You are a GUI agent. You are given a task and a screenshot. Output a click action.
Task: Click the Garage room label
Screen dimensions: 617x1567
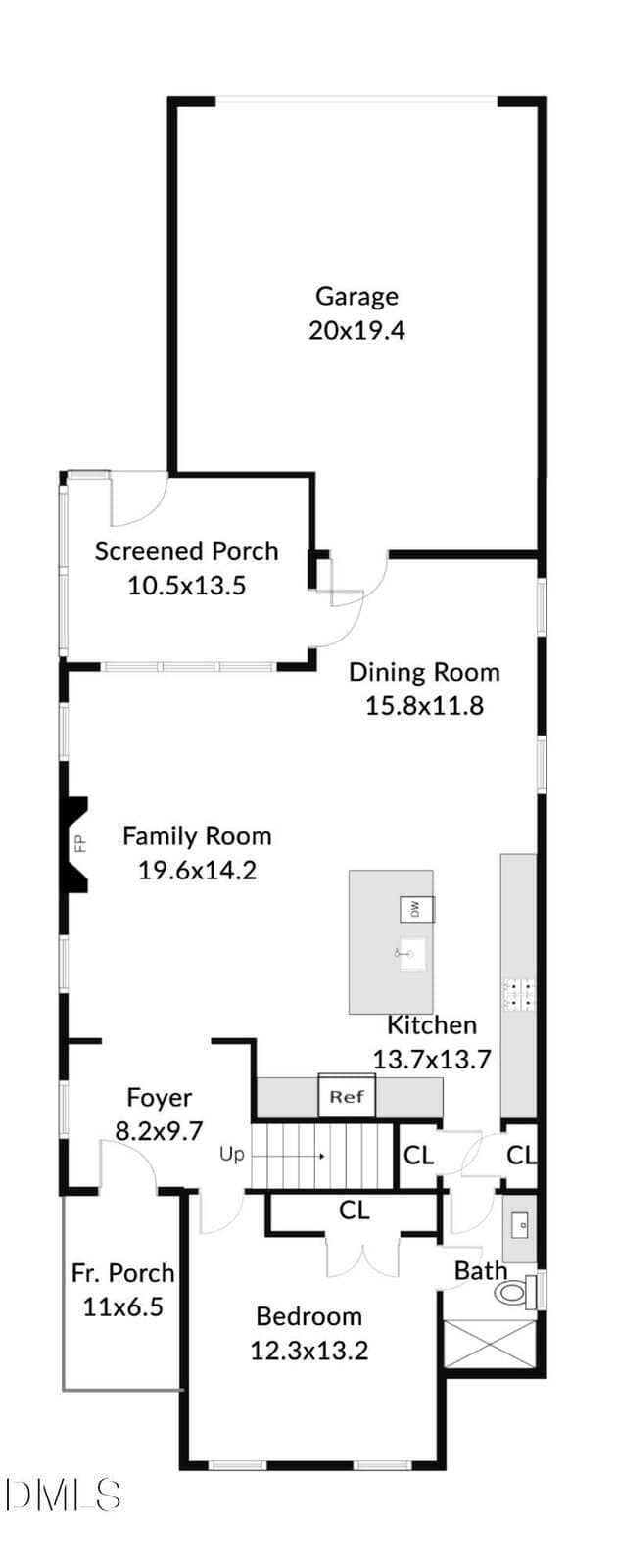(356, 297)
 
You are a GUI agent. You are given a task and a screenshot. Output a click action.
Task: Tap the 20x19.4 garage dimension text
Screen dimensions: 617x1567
(356, 330)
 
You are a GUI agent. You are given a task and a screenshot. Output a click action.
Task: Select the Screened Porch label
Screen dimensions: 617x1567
(187, 551)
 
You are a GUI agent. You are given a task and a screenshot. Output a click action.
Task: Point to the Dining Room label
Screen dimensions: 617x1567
(425, 672)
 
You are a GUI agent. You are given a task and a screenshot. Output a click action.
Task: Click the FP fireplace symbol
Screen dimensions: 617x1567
(75, 844)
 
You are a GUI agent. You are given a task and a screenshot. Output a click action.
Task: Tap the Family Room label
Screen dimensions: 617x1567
(197, 836)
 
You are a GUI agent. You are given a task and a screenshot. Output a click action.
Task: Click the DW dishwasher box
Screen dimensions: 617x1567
(417, 909)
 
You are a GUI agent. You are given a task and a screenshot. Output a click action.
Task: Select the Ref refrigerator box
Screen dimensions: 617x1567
(347, 1096)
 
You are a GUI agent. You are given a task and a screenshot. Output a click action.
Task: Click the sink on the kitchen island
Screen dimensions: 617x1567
(411, 954)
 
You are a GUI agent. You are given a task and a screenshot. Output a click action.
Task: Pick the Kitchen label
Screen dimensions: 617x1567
(432, 1025)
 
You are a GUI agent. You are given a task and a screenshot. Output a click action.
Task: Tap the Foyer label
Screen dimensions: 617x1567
(160, 1098)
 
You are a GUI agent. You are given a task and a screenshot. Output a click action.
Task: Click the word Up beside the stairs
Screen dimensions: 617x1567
(231, 1155)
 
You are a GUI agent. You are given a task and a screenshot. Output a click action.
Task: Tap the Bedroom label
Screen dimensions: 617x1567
(309, 1316)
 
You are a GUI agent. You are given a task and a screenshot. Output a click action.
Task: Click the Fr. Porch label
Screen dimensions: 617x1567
(123, 1272)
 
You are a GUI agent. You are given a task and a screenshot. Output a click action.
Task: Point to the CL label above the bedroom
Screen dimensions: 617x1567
(354, 1211)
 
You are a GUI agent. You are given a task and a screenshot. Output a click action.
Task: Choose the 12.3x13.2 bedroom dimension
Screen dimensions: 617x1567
(309, 1351)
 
